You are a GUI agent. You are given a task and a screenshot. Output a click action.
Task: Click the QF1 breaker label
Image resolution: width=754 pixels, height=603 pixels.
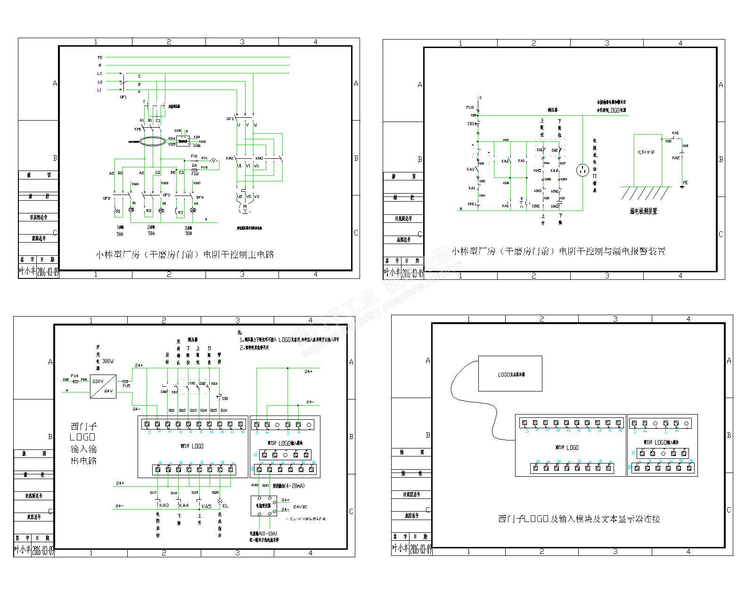click(123, 97)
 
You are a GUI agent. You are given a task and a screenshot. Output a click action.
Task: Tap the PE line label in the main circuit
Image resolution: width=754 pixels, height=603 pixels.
click(100, 57)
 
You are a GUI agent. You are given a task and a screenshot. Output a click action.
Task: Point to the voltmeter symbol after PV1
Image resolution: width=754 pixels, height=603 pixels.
click(213, 161)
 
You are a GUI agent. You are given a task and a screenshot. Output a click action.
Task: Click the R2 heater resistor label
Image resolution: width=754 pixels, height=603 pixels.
click(148, 211)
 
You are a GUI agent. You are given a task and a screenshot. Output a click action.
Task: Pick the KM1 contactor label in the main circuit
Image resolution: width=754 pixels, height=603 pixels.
click(138, 129)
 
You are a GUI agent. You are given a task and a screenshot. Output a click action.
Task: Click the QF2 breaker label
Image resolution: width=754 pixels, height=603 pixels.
click(230, 119)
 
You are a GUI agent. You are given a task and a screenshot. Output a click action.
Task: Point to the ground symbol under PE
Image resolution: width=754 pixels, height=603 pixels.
click(682, 187)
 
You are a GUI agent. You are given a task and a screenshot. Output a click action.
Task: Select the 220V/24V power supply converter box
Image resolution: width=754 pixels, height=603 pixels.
click(103, 386)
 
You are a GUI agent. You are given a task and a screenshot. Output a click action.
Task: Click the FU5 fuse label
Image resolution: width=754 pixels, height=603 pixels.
click(126, 386)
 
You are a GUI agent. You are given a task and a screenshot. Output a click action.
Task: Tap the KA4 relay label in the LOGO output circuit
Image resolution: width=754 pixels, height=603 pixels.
click(183, 506)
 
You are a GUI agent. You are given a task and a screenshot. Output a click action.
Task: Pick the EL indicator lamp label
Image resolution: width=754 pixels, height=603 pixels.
click(225, 506)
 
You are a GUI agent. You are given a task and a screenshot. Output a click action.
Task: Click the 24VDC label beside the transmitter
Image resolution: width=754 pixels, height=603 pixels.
click(300, 507)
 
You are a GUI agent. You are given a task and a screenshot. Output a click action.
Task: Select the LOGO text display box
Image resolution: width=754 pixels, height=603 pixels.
click(510, 374)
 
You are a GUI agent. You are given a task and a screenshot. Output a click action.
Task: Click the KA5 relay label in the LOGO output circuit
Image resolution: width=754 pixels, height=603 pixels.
click(206, 506)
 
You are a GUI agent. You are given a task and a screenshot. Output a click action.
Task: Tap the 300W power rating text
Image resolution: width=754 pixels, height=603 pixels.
click(108, 361)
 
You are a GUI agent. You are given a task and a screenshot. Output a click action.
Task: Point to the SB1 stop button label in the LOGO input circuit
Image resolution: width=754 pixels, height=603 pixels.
click(225, 399)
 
